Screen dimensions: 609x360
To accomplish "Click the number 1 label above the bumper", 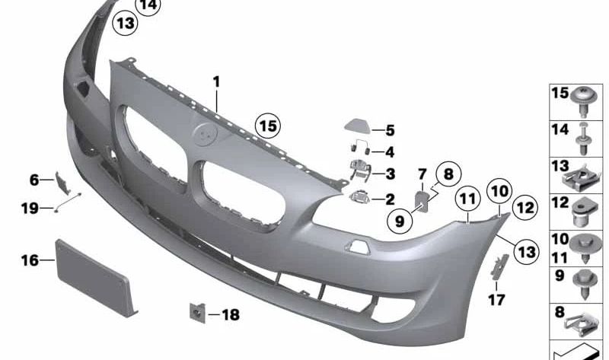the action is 216,82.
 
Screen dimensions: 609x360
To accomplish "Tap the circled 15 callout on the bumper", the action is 268,126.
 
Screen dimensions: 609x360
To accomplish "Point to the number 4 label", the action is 390,152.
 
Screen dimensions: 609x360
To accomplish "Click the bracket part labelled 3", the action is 360,170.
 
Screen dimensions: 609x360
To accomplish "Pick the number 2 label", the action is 390,199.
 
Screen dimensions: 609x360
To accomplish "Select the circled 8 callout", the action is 448,174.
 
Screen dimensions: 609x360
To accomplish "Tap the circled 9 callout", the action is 400,221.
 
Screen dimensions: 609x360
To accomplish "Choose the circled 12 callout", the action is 525,208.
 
